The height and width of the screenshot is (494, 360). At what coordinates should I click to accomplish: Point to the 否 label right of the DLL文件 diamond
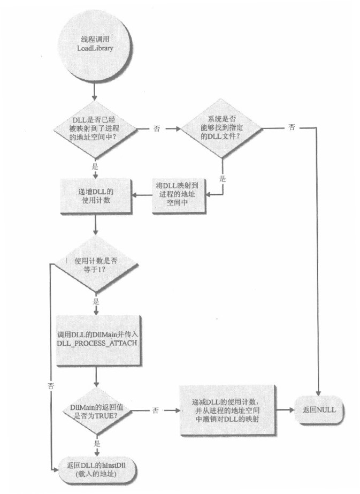291,128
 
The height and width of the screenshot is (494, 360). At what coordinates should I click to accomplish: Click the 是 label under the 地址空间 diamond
95,166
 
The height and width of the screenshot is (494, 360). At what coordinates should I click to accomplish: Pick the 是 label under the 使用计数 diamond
96,301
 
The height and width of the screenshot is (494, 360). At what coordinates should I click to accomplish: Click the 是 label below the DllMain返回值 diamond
97,444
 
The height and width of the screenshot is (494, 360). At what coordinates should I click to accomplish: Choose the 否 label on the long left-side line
51,385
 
